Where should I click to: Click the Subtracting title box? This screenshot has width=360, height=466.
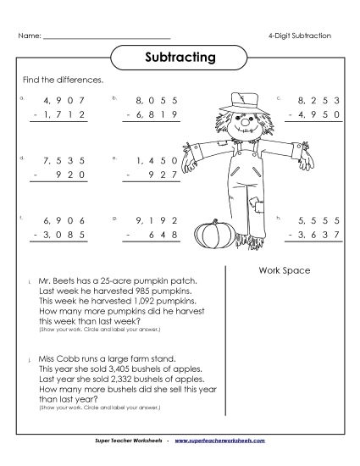coord(180,58)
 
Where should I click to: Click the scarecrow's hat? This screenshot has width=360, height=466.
coord(245,104)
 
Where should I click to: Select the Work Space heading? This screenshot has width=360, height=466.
coord(282,270)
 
